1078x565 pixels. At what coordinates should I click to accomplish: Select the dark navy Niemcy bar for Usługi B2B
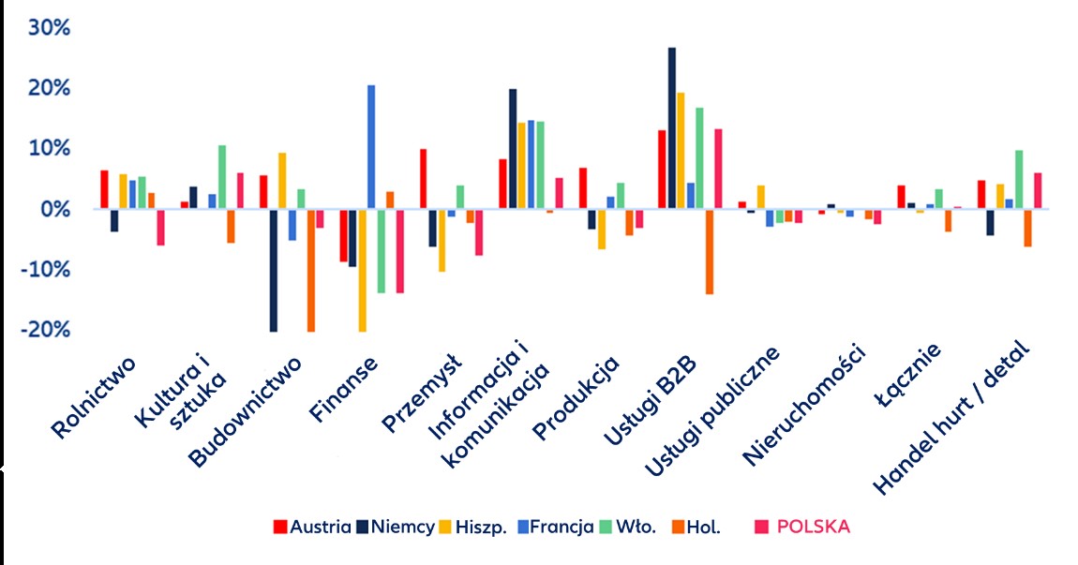coord(672,128)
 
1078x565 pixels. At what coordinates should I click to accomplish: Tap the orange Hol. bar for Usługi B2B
coord(710,251)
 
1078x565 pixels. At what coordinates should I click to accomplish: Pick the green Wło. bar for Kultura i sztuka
coord(222,177)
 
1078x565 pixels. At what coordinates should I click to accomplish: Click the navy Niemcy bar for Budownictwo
coord(273,270)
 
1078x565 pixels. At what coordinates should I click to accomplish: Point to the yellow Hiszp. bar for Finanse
coord(362,270)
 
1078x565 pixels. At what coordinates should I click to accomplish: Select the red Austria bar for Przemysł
coord(424,179)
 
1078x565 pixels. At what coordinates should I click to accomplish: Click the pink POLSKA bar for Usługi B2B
coord(719,169)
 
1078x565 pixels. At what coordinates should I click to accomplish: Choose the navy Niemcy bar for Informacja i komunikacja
coord(513,149)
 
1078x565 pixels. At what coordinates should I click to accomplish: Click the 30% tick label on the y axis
coord(49,27)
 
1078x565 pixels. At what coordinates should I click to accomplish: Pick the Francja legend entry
coord(559,527)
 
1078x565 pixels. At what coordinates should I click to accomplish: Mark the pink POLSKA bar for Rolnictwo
coord(160,227)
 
